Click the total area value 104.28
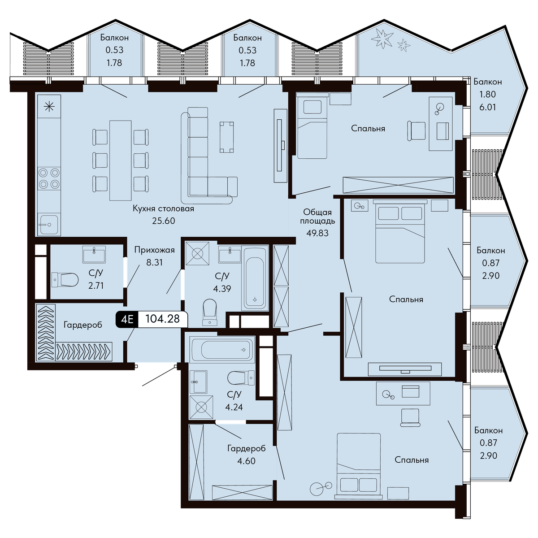(x=162, y=319)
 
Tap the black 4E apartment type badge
(x=127, y=319)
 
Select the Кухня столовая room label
(x=163, y=208)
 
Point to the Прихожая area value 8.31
(x=154, y=262)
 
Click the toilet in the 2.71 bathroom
(x=65, y=280)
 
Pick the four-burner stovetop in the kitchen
(x=49, y=178)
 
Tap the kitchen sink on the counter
(x=49, y=225)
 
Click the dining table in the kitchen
(x=120, y=161)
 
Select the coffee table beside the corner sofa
(x=227, y=137)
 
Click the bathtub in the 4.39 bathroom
(x=255, y=278)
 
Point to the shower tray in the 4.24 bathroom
(x=201, y=408)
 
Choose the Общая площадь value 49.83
(x=317, y=233)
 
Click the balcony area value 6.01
(x=487, y=107)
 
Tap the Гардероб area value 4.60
(x=246, y=461)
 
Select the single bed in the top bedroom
(x=312, y=126)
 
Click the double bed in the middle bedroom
(x=400, y=231)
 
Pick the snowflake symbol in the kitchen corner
(x=49, y=106)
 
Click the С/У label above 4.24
(x=234, y=395)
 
